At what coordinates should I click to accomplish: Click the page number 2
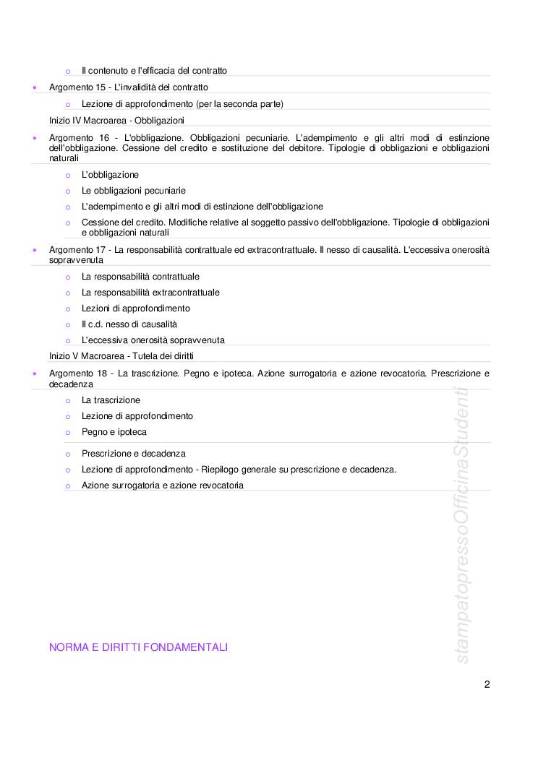click(487, 685)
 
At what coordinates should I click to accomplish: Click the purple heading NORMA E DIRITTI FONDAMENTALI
click(138, 647)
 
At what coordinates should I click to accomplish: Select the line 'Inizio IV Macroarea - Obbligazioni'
click(116, 120)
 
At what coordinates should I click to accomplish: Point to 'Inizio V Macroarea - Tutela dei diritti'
click(121, 356)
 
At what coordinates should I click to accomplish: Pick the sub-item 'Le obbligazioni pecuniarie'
click(134, 191)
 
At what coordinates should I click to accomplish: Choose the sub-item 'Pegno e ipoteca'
click(114, 432)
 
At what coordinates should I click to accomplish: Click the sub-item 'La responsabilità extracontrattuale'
click(150, 293)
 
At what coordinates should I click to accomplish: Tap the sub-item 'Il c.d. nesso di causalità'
click(129, 324)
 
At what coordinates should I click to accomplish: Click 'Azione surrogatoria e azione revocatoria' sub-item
click(163, 485)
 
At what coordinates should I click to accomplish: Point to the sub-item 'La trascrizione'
click(111, 400)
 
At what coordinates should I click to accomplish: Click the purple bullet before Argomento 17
click(35, 250)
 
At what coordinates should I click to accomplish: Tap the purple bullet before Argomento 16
click(35, 137)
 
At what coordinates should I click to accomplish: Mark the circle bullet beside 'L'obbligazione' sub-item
click(67, 175)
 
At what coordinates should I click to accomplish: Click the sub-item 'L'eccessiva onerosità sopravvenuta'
click(153, 340)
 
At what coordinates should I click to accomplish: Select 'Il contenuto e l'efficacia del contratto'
click(154, 71)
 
